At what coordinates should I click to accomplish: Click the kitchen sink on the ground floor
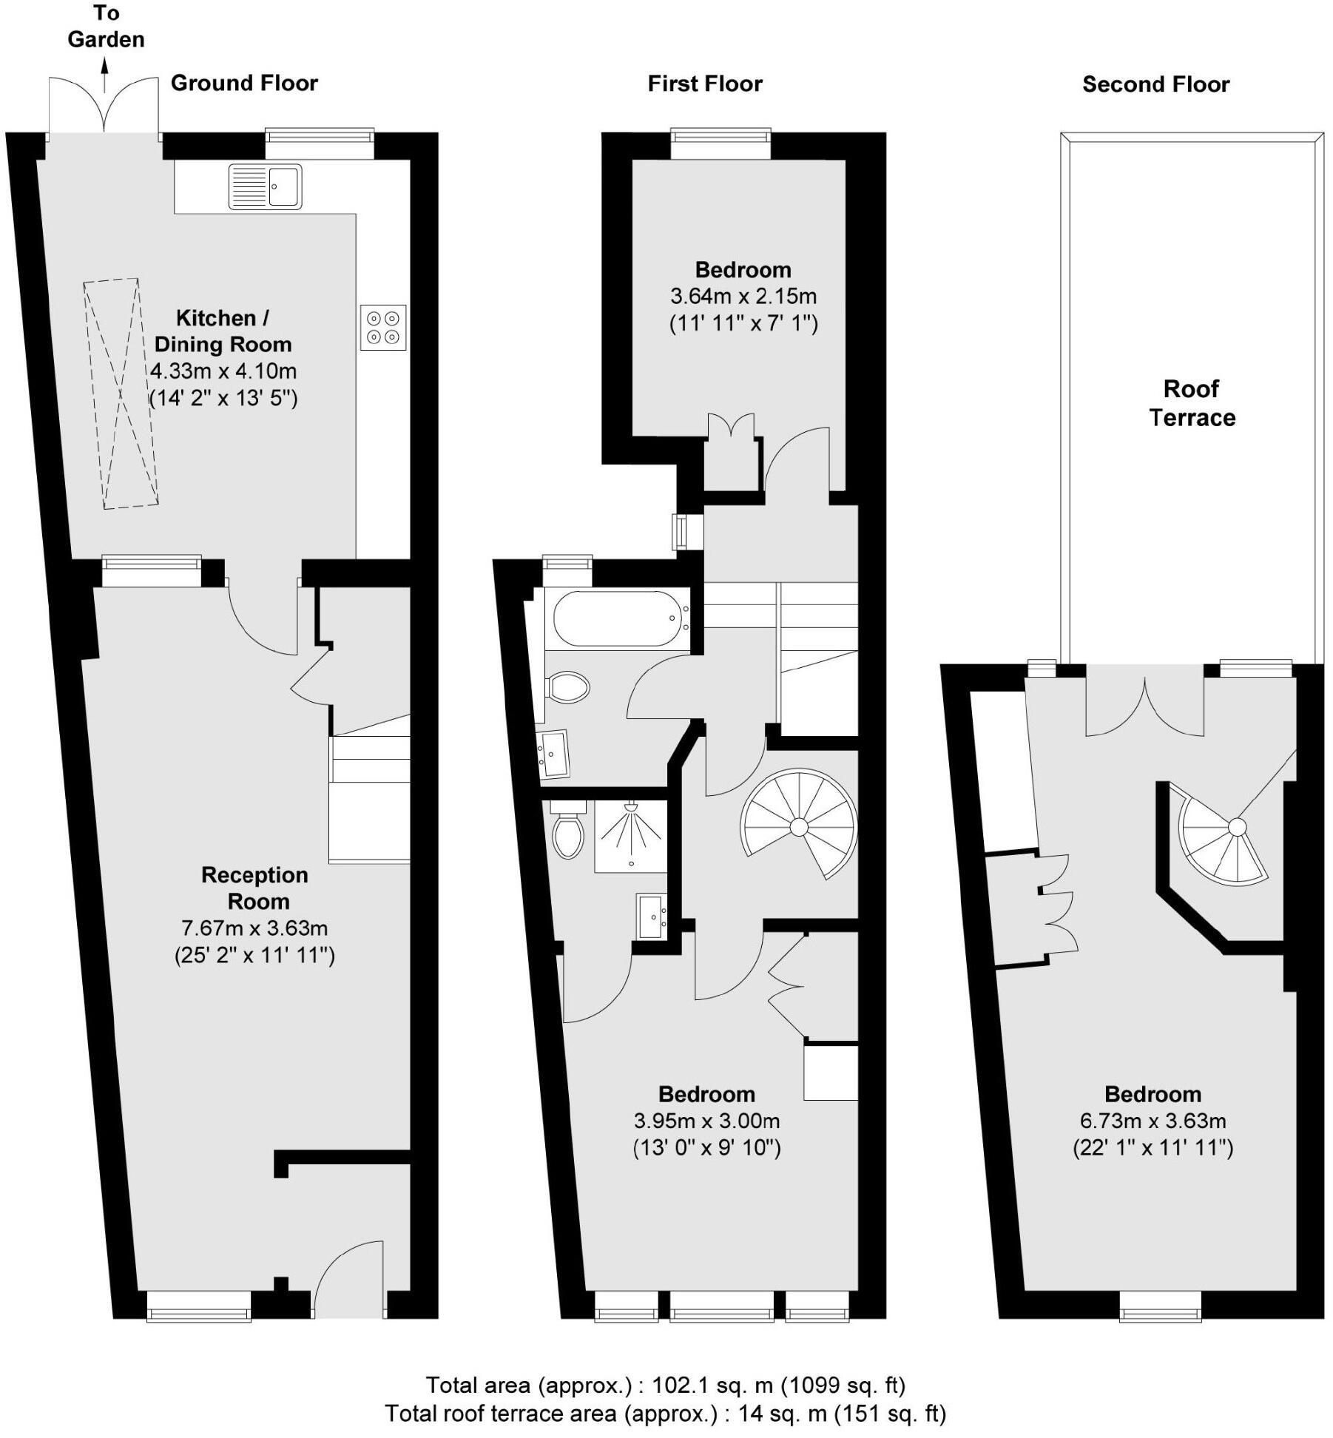[265, 186]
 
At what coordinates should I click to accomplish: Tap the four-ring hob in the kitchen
[383, 328]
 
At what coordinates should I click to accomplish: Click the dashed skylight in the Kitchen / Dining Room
[121, 393]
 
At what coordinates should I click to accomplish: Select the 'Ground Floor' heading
[244, 83]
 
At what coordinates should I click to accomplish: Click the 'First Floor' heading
[704, 84]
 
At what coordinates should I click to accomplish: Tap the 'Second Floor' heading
[1155, 84]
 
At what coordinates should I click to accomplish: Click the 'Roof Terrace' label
[1192, 403]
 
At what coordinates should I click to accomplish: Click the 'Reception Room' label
[254, 888]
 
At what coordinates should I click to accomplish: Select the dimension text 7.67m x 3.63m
[254, 928]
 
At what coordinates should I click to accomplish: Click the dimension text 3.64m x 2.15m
[743, 297]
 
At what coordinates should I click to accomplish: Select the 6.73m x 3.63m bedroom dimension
[1153, 1121]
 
